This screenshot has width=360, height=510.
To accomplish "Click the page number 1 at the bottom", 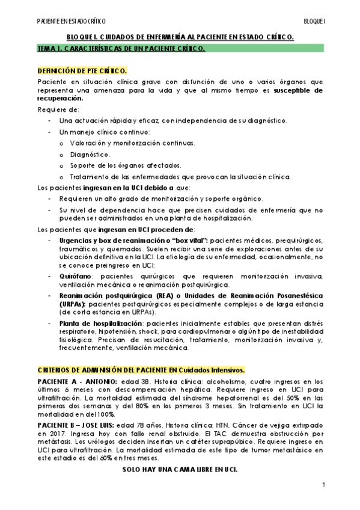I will tap(323, 485).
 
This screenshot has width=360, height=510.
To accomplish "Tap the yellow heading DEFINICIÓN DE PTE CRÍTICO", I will tap(82, 70).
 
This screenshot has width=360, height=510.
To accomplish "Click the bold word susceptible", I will tap(299, 90).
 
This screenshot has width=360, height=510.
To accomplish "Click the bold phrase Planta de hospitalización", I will tap(100, 324).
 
